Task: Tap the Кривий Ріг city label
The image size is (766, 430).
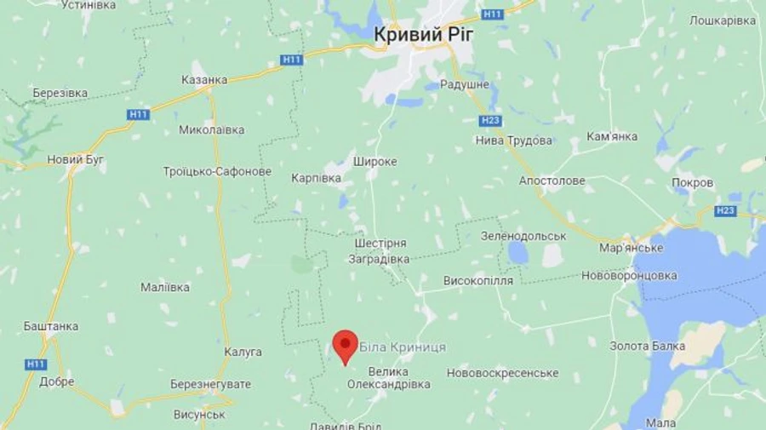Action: pos(424,34)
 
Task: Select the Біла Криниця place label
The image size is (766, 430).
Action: pos(403,347)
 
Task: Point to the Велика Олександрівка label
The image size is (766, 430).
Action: pos(388,378)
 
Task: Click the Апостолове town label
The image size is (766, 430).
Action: pos(552,181)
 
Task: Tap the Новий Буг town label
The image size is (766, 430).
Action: pos(76,159)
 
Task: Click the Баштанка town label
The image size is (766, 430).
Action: pos(51,326)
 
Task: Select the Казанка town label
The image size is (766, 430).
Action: pos(204,79)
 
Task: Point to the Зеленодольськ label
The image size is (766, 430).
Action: pos(523,235)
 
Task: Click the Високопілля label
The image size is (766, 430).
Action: pos(478,280)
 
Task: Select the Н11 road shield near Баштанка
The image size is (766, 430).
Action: pos(36,364)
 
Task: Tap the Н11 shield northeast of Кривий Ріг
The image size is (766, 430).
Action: pos(492,14)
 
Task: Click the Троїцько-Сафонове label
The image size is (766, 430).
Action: pos(217,171)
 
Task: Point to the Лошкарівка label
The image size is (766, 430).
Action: pos(723,20)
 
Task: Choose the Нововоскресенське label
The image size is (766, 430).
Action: pos(502,373)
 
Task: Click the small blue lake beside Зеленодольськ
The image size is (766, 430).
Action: pos(517,252)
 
